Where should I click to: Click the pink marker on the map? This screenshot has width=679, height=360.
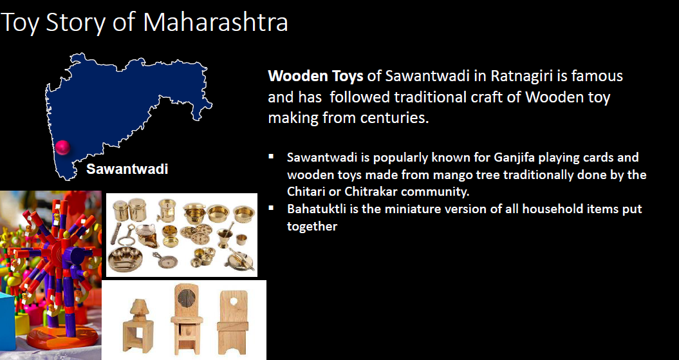point(62,147)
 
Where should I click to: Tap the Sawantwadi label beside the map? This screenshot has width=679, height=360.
point(127,169)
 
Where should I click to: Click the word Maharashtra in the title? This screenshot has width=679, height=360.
point(216,23)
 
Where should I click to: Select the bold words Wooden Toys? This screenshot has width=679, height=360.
point(315,76)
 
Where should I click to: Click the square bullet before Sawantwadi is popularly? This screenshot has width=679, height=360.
point(271,155)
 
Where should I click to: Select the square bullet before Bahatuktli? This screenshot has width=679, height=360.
point(271,207)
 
